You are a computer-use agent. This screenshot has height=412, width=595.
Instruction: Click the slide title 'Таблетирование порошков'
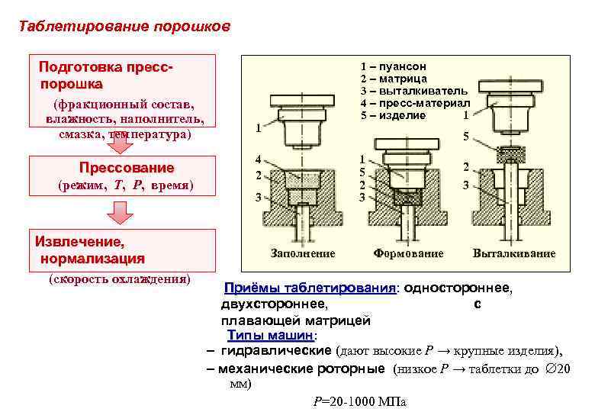pyautogui.click(x=124, y=26)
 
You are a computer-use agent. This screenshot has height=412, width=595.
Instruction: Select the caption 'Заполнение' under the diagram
pyautogui.click(x=303, y=253)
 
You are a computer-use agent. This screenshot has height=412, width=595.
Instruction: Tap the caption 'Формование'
pyautogui.click(x=407, y=253)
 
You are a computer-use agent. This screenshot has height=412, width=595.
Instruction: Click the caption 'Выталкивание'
pyautogui.click(x=514, y=253)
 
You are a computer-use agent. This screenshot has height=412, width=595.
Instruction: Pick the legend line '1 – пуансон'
pyautogui.click(x=393, y=66)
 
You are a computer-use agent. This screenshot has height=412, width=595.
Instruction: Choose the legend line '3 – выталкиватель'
pyautogui.click(x=414, y=91)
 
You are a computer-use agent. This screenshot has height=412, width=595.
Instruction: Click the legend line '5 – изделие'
pyautogui.click(x=393, y=115)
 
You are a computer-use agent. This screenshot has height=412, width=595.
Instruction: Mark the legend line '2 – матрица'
pyautogui.click(x=393, y=79)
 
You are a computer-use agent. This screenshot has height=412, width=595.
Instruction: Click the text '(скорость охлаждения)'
pyautogui.click(x=119, y=278)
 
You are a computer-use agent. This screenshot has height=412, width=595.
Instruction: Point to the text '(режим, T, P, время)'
pyautogui.click(x=126, y=185)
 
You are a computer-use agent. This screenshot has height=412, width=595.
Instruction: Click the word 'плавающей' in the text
pyautogui.click(x=252, y=320)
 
